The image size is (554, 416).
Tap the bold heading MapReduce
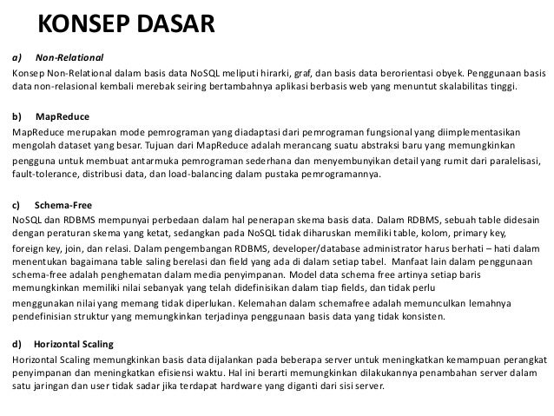[63, 116]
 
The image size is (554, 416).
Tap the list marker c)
[16, 206]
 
